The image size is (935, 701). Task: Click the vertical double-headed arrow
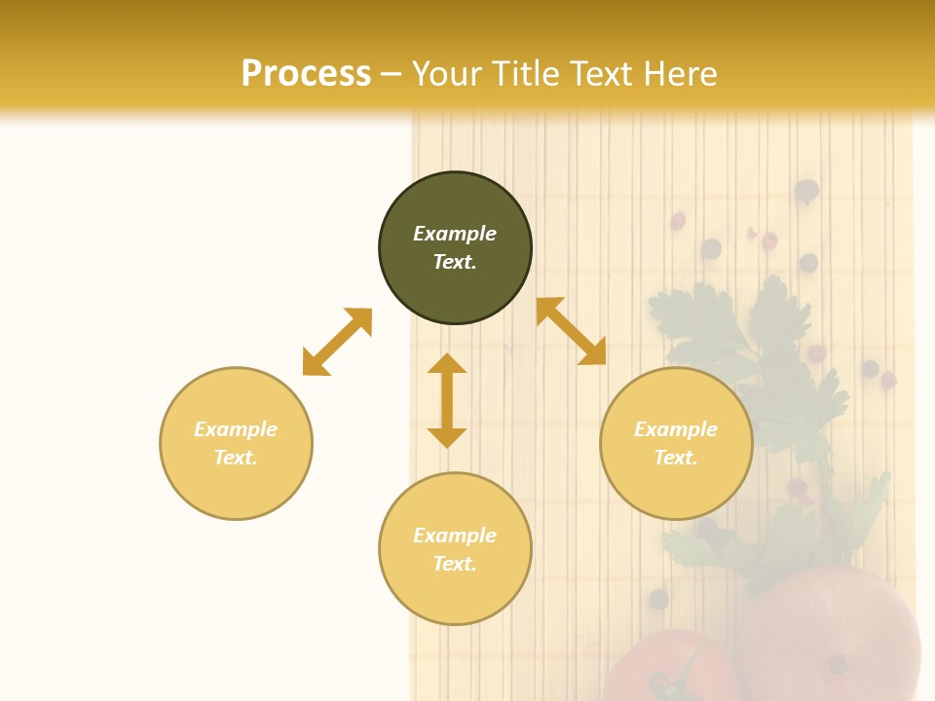point(447,400)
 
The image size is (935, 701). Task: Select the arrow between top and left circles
point(337,342)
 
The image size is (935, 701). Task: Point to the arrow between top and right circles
point(571,331)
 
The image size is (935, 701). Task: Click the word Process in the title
point(306,73)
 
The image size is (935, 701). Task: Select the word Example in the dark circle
point(455,234)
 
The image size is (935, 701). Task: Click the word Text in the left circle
point(235,458)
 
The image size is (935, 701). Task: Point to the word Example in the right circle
point(676,429)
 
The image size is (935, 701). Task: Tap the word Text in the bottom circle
point(454,564)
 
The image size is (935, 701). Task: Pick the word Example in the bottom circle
point(455,535)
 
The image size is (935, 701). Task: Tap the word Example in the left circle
point(236,429)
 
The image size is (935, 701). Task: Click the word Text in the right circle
point(675,458)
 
